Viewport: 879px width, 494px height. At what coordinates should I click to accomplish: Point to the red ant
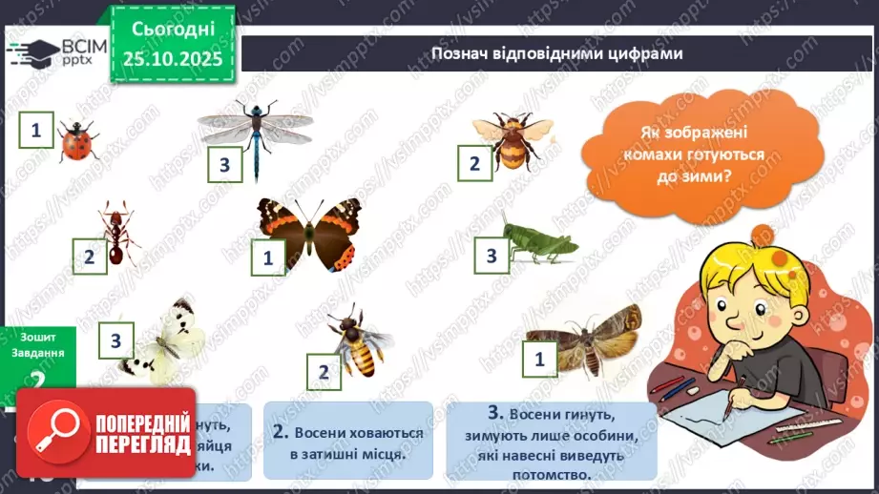click(119, 233)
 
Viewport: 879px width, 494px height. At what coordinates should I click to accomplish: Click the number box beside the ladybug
click(36, 130)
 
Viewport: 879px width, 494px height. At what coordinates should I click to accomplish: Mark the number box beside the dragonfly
click(225, 165)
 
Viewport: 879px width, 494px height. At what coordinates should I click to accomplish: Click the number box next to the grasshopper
click(492, 255)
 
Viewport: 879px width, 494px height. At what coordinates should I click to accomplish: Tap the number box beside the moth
click(540, 359)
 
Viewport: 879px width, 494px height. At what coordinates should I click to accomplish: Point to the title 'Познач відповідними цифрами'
click(557, 53)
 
